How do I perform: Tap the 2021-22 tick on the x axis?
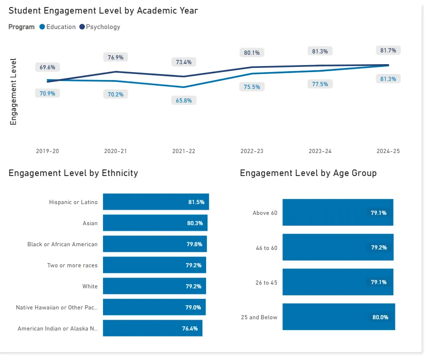coord(184,152)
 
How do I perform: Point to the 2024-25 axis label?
coord(388,152)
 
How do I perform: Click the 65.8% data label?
coord(184,100)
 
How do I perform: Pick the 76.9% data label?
coord(116,57)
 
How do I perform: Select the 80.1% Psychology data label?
coord(252,52)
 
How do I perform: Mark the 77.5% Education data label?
coord(320,84)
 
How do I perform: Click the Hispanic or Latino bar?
coord(156,202)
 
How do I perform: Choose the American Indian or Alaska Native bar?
coord(153,328)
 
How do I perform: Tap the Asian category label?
coord(90,223)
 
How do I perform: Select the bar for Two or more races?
coord(155,265)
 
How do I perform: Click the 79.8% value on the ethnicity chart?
coord(194,244)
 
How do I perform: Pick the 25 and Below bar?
coord(339,317)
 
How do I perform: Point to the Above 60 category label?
coord(265,213)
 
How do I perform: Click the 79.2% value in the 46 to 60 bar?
coord(379,248)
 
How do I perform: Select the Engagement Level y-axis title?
coord(13,92)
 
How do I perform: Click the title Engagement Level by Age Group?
coord(308,173)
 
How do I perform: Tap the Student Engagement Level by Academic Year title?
coord(103,11)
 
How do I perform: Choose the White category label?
coord(90,287)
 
